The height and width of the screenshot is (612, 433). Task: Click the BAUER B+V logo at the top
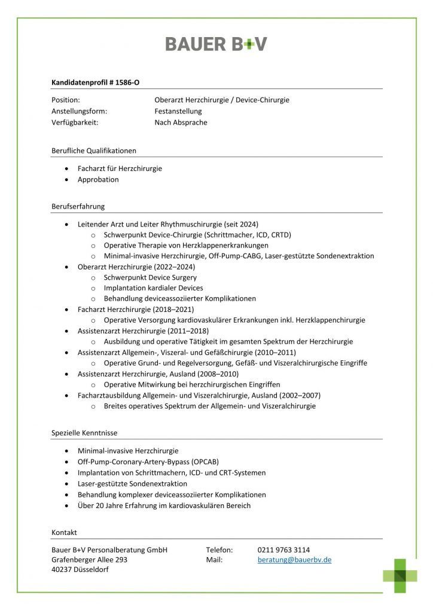216,44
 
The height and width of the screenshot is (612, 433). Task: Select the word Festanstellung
178,111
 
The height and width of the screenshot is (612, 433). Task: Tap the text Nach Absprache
181,123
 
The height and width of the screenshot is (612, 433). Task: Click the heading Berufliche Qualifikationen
94,151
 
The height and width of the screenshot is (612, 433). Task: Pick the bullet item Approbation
98,179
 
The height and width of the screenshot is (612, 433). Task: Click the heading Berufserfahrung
78,206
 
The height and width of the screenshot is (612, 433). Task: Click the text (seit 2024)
240,224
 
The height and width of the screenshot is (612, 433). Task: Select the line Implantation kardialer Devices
153,288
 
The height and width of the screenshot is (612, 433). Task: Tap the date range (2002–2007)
300,396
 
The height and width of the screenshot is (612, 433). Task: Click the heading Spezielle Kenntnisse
84,432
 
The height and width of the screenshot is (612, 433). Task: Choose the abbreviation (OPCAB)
220,462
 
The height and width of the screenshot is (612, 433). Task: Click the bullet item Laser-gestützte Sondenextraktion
132,484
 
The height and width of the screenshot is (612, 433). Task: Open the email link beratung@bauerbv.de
294,560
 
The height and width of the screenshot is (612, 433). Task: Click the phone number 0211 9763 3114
283,550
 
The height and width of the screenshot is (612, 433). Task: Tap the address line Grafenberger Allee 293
90,560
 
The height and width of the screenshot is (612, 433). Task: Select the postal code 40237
62,570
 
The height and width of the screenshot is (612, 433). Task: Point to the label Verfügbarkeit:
75,123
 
